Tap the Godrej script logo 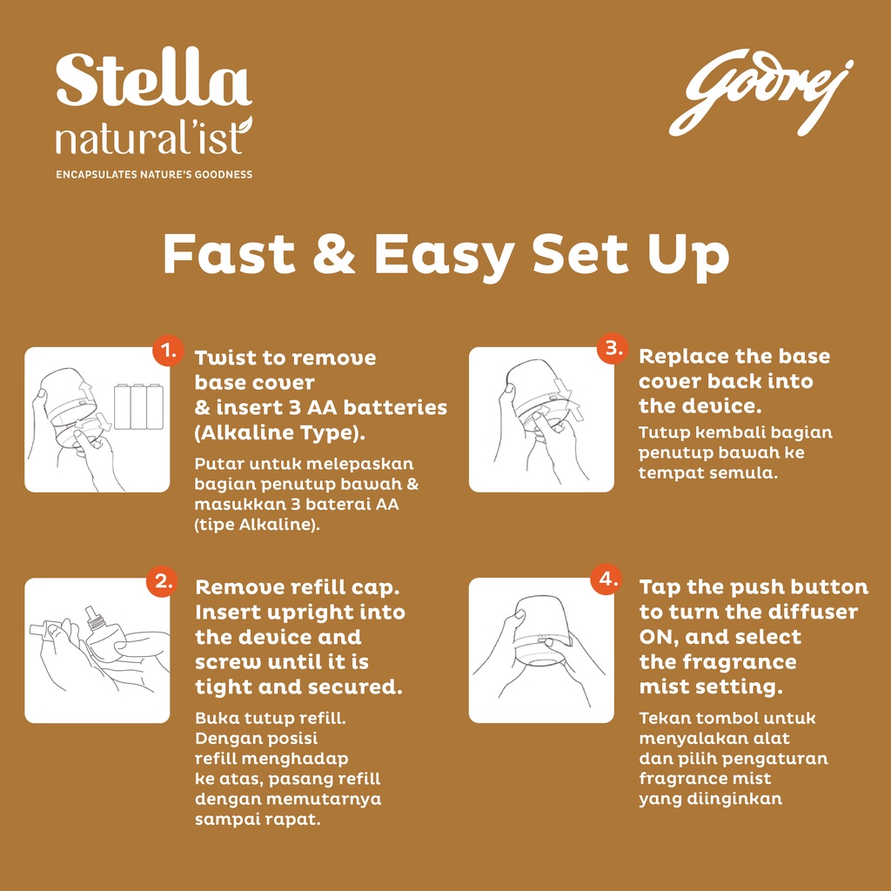pyautogui.click(x=760, y=92)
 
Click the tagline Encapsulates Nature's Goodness pyautogui.click(x=154, y=174)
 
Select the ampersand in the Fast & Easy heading pyautogui.click(x=334, y=254)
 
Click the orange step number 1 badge pyautogui.click(x=168, y=352)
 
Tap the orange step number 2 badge pyautogui.click(x=163, y=581)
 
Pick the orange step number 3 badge pyautogui.click(x=613, y=348)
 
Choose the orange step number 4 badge pyautogui.click(x=606, y=579)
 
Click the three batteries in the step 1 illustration pyautogui.click(x=138, y=407)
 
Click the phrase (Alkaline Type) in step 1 pyautogui.click(x=279, y=433)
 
